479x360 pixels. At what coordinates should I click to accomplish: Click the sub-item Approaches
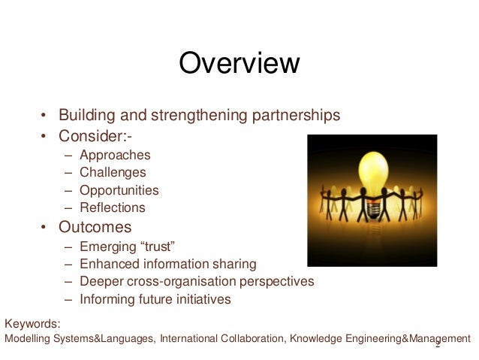[x=116, y=156]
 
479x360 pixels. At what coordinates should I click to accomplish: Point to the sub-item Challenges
[x=113, y=173]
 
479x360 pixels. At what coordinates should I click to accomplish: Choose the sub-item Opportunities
[x=119, y=191]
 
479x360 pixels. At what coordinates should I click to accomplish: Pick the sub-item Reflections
[x=112, y=208]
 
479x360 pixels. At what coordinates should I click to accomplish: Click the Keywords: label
[x=32, y=324]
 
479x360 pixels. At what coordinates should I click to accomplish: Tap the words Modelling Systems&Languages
[x=80, y=339]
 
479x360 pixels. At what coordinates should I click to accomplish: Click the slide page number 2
[x=438, y=347]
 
